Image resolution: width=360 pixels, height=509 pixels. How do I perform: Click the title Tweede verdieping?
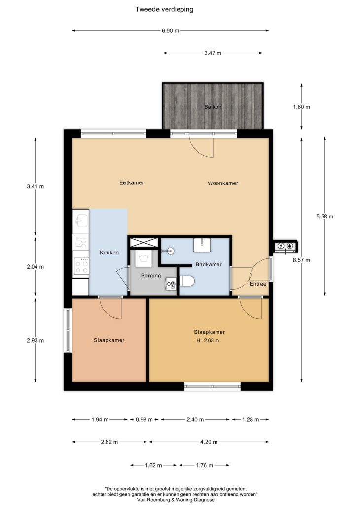[x=164, y=9]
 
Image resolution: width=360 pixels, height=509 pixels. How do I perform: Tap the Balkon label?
[x=213, y=107]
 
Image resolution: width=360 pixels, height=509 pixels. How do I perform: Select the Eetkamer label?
[x=132, y=183]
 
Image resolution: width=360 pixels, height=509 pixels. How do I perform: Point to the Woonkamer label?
[x=223, y=183]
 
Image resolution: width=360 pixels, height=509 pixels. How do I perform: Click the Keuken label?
[x=109, y=252]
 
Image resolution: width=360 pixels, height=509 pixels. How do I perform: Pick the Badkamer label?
[x=209, y=264]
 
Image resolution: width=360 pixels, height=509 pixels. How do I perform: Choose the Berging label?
[x=151, y=276]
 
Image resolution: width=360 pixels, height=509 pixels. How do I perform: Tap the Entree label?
[x=258, y=284]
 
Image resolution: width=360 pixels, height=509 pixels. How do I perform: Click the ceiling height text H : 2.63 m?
[x=208, y=341]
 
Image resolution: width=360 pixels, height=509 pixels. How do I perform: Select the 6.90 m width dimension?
[x=171, y=31]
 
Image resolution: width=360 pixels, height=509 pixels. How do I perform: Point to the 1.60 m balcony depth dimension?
[x=302, y=107]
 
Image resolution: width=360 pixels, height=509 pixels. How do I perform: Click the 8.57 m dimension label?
[x=302, y=260]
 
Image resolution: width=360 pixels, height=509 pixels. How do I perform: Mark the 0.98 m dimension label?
[x=144, y=419]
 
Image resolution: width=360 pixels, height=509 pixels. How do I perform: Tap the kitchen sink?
[x=81, y=221]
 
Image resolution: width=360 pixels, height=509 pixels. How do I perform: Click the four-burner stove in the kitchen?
[x=81, y=266]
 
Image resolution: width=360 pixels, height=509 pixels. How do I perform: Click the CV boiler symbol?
[x=171, y=284]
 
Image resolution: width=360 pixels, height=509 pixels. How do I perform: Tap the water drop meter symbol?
[x=290, y=246]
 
